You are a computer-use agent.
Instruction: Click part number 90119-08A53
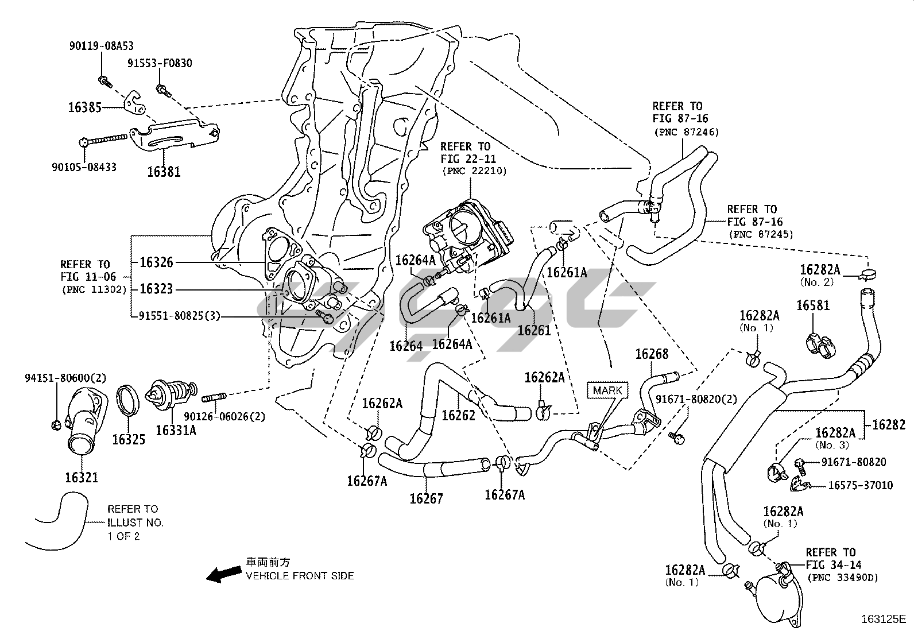tap(101, 46)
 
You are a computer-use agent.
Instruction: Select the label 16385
tap(85, 107)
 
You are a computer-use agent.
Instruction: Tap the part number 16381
tap(164, 172)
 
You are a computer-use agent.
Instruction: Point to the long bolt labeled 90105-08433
tap(103, 141)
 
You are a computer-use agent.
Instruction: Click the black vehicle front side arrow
tap(223, 574)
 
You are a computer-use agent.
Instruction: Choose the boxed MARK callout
tap(607, 390)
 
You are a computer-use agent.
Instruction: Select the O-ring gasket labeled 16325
tap(127, 401)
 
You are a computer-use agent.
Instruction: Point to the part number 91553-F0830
tap(160, 63)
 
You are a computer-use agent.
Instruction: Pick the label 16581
tap(813, 305)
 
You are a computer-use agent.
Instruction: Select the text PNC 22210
tap(474, 171)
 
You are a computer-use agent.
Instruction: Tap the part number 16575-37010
tap(860, 485)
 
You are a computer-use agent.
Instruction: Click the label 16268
tap(652, 354)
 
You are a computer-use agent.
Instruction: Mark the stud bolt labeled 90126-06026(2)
tap(214, 397)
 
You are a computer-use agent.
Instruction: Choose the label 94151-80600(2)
tap(65, 378)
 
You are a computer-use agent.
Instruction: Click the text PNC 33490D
tap(843, 578)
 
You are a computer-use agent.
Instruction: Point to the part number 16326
tap(156, 262)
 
